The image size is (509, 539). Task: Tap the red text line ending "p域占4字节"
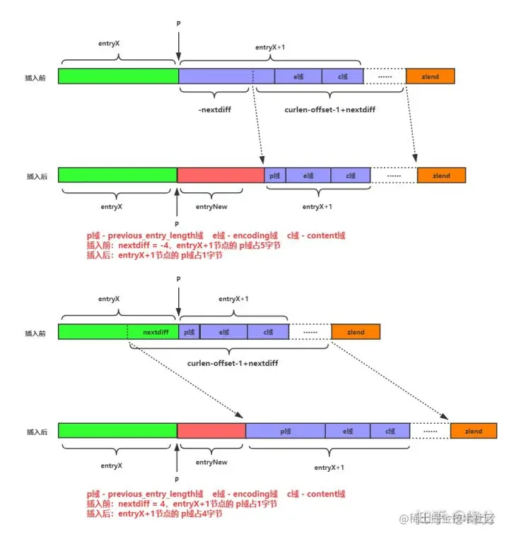point(154,514)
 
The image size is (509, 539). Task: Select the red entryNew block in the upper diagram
point(220,174)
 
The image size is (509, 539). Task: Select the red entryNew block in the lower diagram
point(211,430)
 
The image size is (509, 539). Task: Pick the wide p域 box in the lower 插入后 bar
point(285,430)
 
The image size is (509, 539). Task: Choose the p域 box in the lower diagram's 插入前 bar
point(189,331)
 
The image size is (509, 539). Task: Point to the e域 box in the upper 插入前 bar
point(298,76)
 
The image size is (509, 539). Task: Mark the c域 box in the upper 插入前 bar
point(343,76)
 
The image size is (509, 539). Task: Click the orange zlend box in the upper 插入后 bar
point(441,174)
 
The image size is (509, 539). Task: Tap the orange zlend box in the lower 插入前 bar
point(356,331)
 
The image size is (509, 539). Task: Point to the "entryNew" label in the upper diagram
point(211,206)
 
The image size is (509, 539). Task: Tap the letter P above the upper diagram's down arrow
point(178,24)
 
